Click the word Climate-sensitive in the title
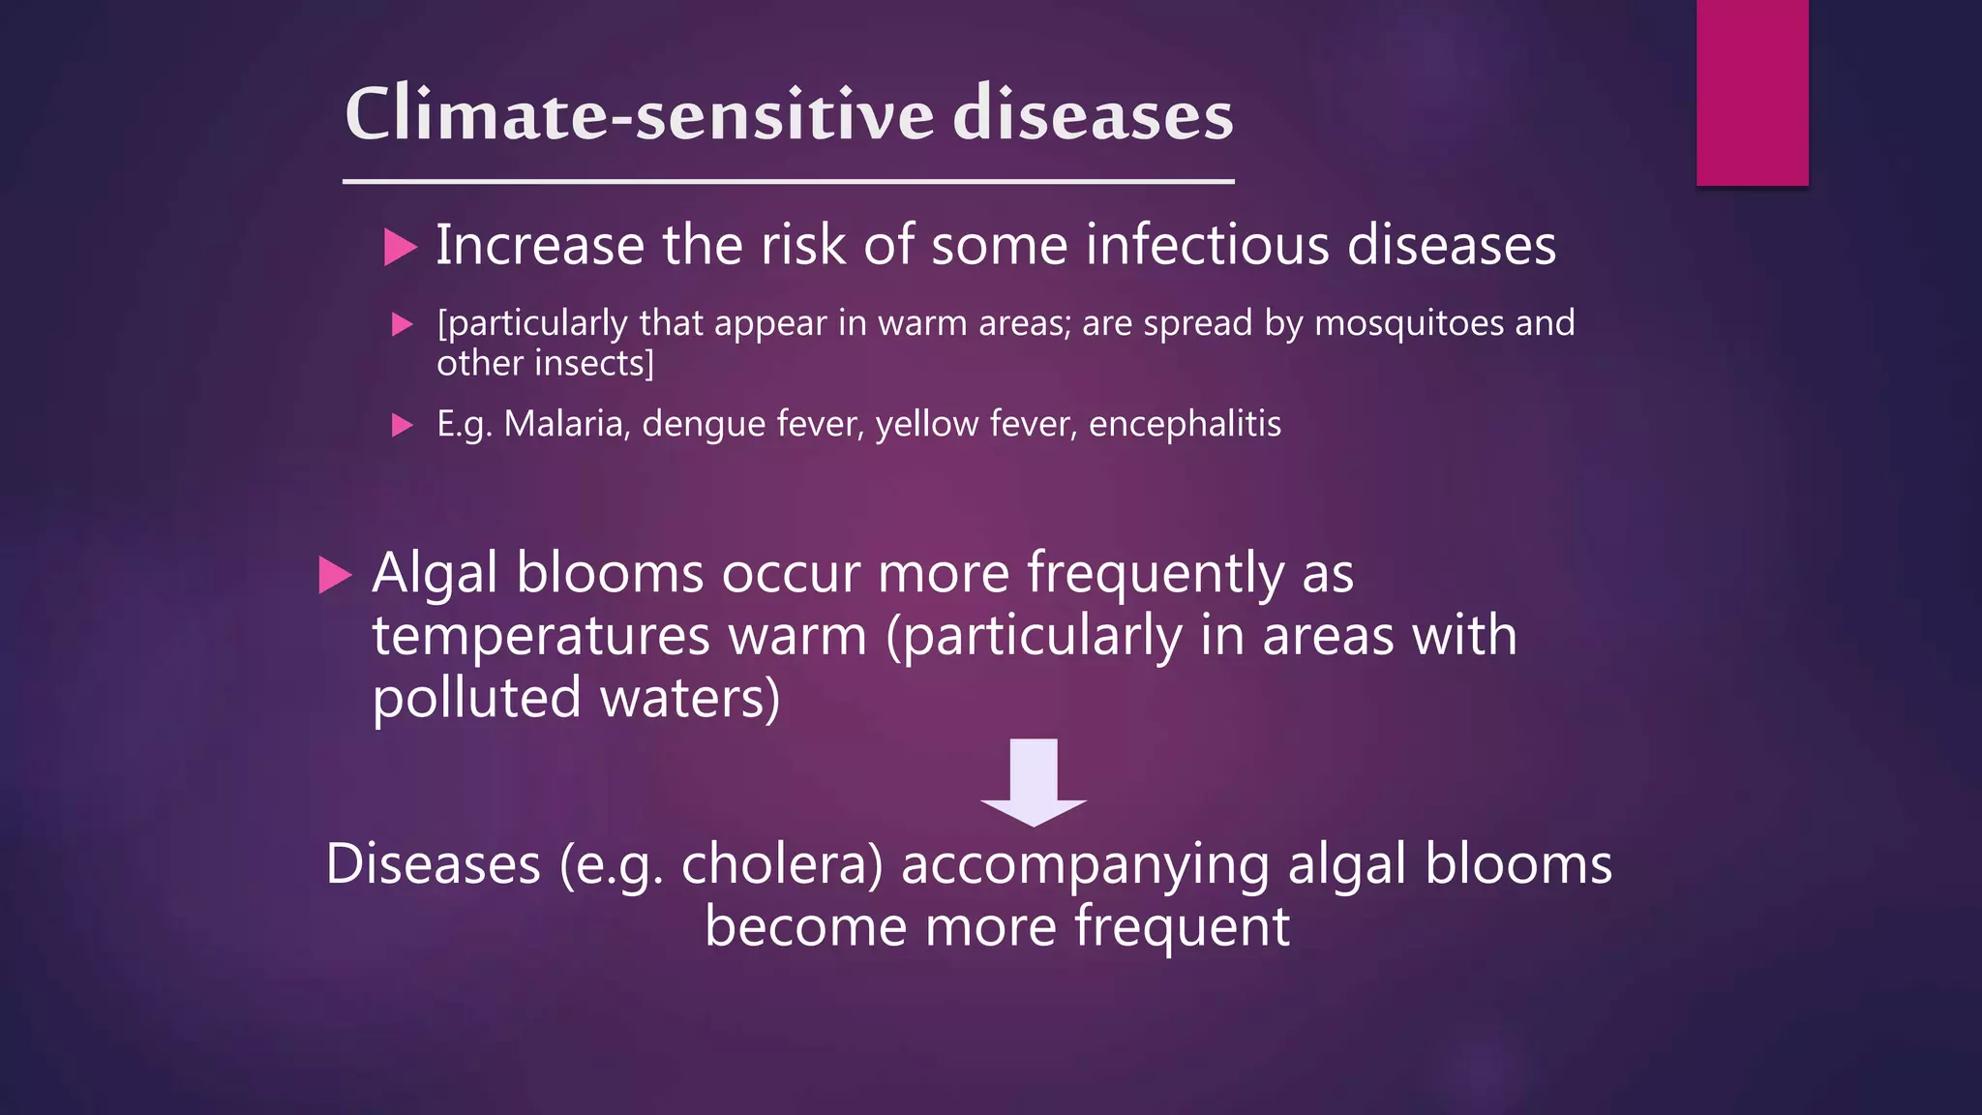(639, 114)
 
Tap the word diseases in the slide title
(1093, 114)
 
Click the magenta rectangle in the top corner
(1752, 92)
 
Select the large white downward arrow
(1034, 782)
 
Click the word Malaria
(567, 424)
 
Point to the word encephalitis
(1185, 424)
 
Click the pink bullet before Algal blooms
(334, 575)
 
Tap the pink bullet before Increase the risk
(399, 247)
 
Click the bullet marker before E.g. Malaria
(402, 425)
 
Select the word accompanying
(1085, 864)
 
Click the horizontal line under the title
(788, 181)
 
